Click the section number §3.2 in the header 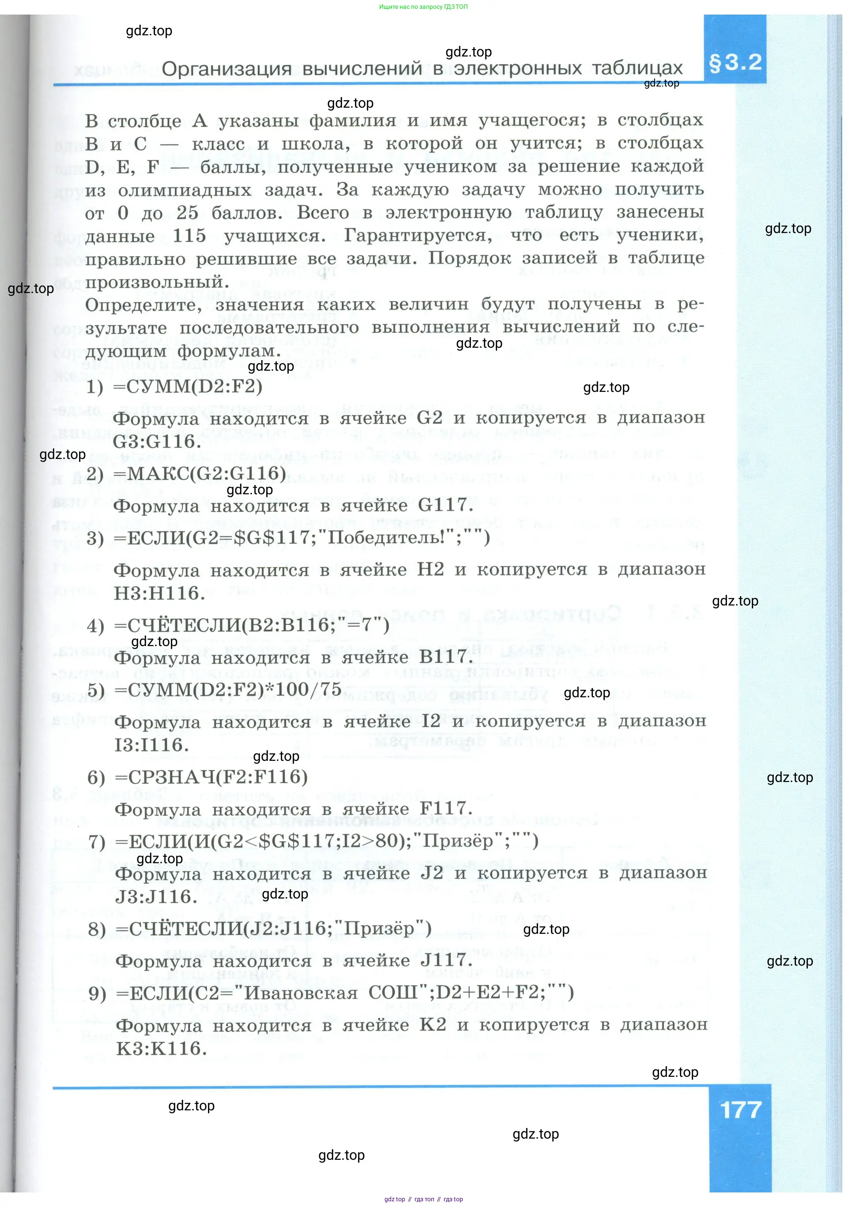[735, 63]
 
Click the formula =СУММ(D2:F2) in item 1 [188, 387]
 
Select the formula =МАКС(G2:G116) [200, 474]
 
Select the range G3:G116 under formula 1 [157, 442]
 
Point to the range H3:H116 [159, 594]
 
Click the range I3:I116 [151, 745]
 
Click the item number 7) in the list [97, 842]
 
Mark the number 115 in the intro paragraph [189, 236]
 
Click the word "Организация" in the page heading [226, 68]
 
